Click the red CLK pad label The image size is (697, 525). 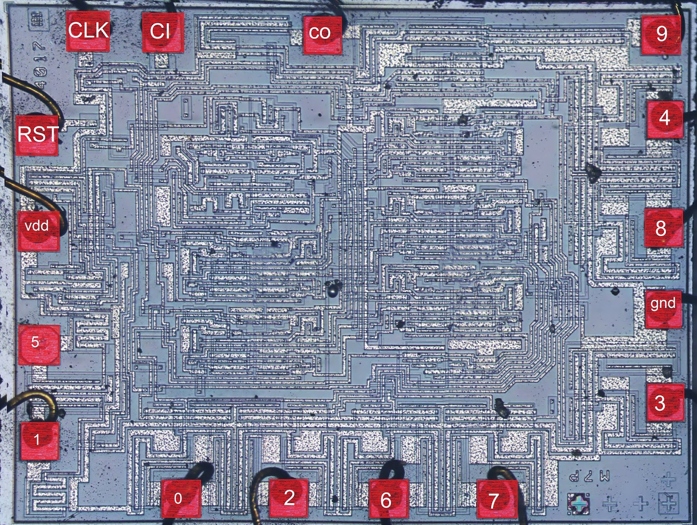[x=88, y=31]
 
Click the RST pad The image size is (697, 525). [x=37, y=135]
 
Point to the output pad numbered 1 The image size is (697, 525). [x=39, y=440]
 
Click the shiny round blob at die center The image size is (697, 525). [x=334, y=288]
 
